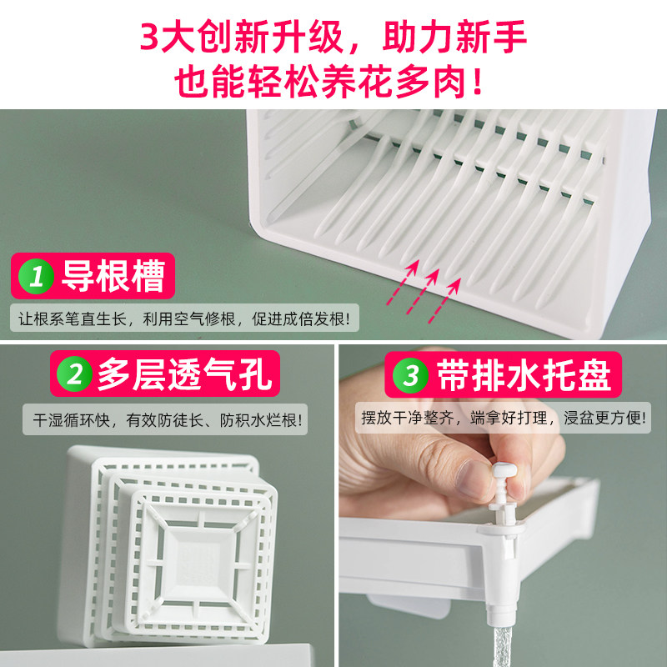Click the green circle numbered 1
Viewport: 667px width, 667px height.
(35, 277)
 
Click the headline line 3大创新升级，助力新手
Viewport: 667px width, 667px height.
(333, 38)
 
